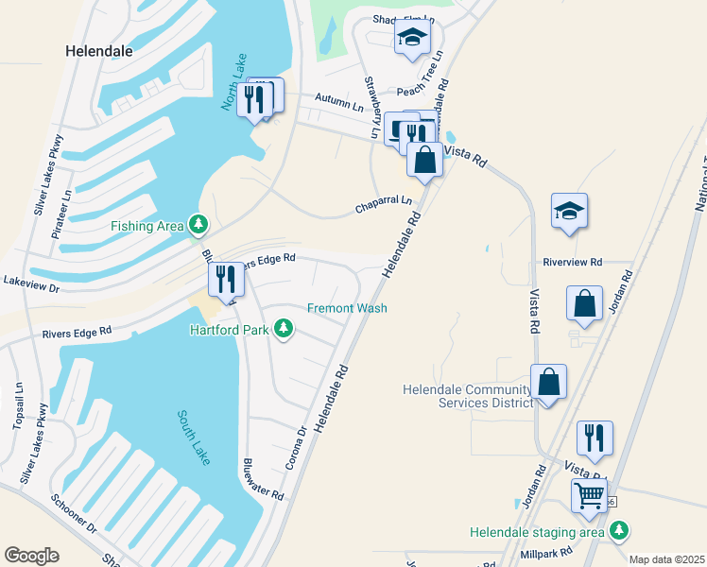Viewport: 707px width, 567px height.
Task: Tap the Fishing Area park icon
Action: point(198,225)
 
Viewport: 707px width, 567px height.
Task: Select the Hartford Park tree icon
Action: point(283,329)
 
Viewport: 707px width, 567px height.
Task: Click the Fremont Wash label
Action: point(347,308)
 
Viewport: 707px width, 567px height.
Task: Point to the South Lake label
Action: point(195,437)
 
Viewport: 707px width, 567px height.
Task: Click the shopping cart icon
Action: point(589,494)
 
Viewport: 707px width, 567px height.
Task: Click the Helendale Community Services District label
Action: point(467,396)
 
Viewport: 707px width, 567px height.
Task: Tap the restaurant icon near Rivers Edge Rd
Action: point(225,279)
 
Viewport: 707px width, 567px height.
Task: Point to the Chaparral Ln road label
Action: point(384,203)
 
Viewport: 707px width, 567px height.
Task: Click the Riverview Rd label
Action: point(573,262)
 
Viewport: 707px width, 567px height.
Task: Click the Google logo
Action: point(31,555)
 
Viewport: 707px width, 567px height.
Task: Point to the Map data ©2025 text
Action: point(667,559)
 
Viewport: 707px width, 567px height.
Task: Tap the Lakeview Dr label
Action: point(31,282)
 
